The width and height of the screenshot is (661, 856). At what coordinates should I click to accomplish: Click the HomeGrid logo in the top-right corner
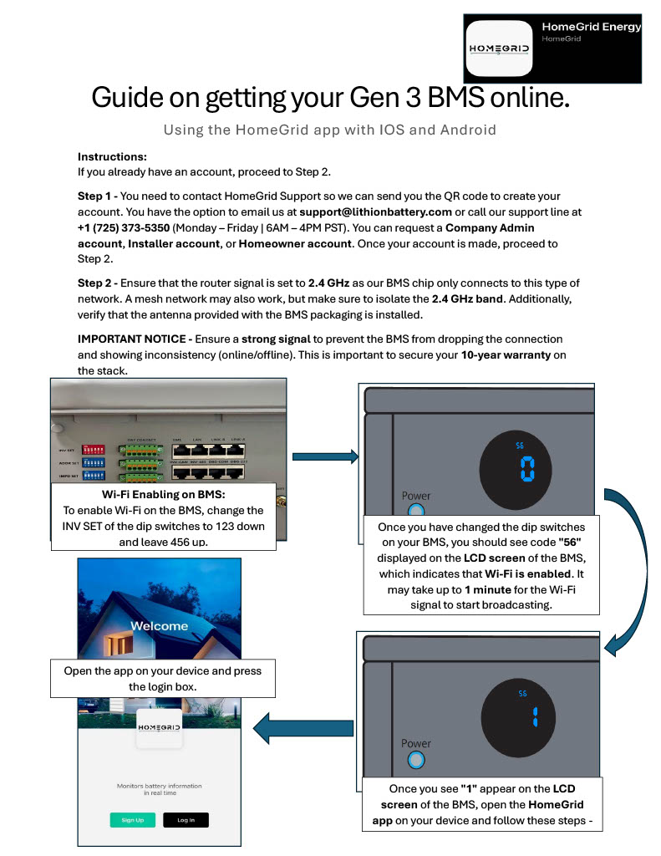[x=498, y=48]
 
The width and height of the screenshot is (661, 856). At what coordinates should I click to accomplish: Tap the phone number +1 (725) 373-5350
[x=124, y=227]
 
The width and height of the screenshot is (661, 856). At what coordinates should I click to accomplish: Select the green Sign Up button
[x=133, y=820]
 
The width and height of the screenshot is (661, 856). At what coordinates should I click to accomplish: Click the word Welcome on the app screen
[x=160, y=625]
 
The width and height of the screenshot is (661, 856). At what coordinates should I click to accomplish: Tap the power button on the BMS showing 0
[x=415, y=510]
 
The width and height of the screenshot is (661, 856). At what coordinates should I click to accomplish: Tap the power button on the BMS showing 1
[x=415, y=759]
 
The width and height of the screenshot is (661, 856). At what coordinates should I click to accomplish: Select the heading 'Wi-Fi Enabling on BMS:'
[x=163, y=494]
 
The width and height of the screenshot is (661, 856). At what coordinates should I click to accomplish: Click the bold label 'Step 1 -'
[x=98, y=195]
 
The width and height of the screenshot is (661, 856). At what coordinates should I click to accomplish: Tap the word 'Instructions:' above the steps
[x=112, y=156]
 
